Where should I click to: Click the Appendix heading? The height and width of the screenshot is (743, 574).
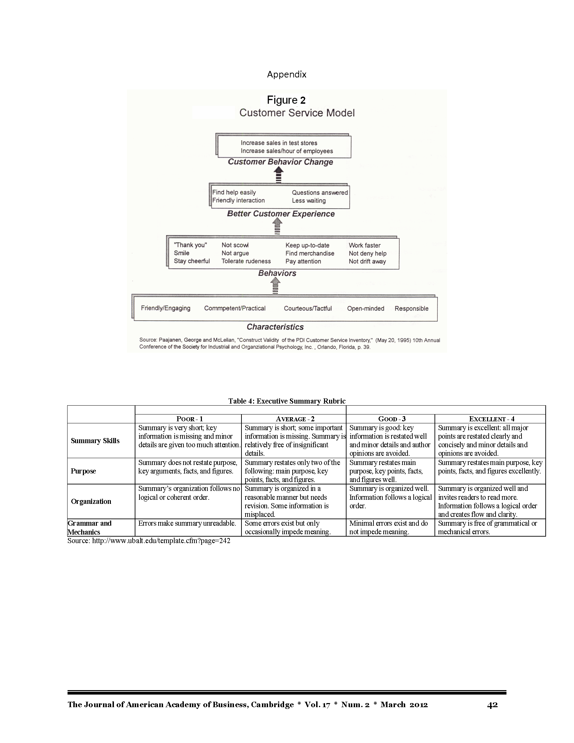(x=286, y=74)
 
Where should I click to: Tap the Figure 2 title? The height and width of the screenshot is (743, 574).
(x=286, y=100)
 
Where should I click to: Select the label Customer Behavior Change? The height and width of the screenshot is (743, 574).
(x=280, y=162)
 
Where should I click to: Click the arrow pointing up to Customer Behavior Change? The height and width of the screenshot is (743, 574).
(x=279, y=175)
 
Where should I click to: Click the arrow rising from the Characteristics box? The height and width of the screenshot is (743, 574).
(x=275, y=286)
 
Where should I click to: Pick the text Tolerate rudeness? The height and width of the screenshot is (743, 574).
(x=246, y=261)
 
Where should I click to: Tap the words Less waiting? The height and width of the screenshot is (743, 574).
(x=309, y=201)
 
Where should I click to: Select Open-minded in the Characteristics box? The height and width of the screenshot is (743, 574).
(x=366, y=309)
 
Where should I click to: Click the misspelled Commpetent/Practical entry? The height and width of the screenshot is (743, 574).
(x=235, y=308)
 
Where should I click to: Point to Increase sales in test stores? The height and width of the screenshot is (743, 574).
(x=279, y=143)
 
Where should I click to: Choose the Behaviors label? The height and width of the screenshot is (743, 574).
(x=277, y=273)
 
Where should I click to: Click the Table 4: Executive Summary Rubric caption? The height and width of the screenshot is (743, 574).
(x=287, y=401)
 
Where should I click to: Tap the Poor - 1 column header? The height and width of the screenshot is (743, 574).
(x=190, y=419)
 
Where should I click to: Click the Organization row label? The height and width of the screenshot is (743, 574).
(x=91, y=501)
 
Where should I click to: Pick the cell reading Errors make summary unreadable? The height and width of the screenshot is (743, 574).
(x=187, y=523)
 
